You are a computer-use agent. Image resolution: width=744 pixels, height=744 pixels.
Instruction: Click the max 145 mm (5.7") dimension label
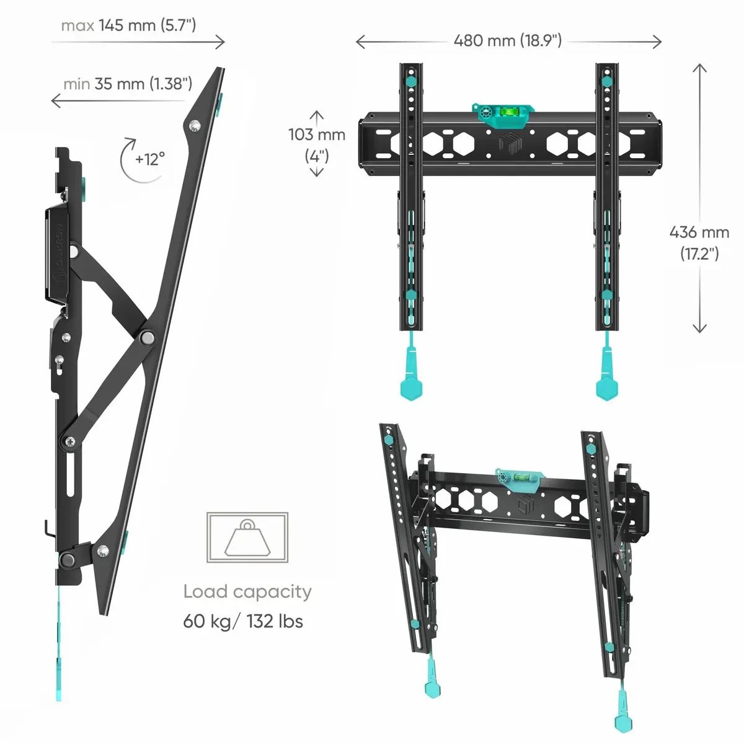coord(128,26)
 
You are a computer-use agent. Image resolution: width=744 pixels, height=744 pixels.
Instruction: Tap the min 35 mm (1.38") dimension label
coord(128,84)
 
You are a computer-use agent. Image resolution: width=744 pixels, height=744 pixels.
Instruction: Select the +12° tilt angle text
coord(150,159)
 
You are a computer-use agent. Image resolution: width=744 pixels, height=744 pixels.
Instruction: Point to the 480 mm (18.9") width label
coord(508,40)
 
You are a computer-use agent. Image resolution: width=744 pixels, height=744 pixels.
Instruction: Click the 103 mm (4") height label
coord(317,145)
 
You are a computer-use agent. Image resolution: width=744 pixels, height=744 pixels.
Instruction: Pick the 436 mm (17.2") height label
coord(699,243)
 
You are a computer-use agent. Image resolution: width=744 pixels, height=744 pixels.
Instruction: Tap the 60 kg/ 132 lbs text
coord(243,621)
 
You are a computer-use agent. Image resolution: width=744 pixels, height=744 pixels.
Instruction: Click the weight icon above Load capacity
coord(247,537)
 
